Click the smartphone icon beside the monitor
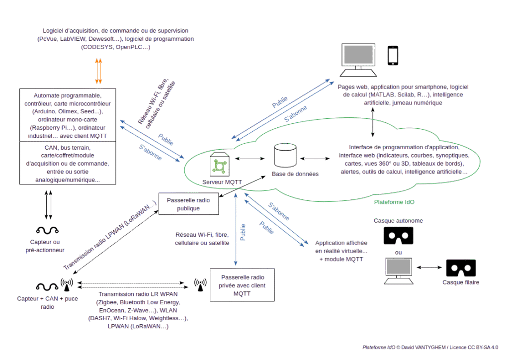(393, 55)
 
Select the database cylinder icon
(285, 156)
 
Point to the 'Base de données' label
(289, 174)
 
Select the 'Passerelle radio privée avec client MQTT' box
(242, 285)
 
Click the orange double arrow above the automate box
(98, 71)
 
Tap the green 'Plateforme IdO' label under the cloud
(394, 202)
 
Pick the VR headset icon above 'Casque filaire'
(461, 269)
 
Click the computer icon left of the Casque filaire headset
(399, 270)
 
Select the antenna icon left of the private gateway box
(200, 285)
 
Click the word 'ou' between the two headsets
(398, 252)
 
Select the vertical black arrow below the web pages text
(373, 122)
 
